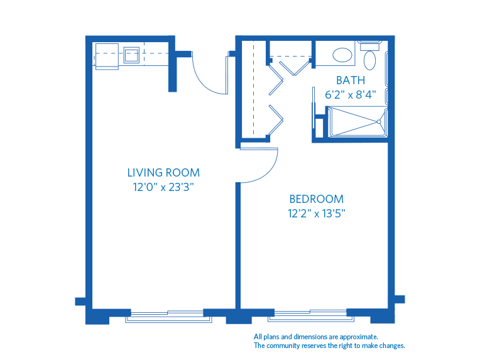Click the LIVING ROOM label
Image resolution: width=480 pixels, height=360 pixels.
click(x=163, y=172)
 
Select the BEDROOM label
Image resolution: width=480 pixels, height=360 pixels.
click(x=317, y=199)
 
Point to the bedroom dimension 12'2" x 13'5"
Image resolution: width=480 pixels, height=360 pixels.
click(x=317, y=213)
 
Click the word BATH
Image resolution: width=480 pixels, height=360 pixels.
click(x=350, y=80)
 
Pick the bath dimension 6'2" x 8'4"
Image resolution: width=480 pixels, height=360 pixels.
click(x=350, y=95)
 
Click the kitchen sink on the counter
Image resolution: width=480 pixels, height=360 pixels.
click(x=131, y=54)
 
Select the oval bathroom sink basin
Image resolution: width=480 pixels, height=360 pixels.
click(x=342, y=55)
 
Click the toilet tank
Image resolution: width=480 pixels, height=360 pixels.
click(x=370, y=45)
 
